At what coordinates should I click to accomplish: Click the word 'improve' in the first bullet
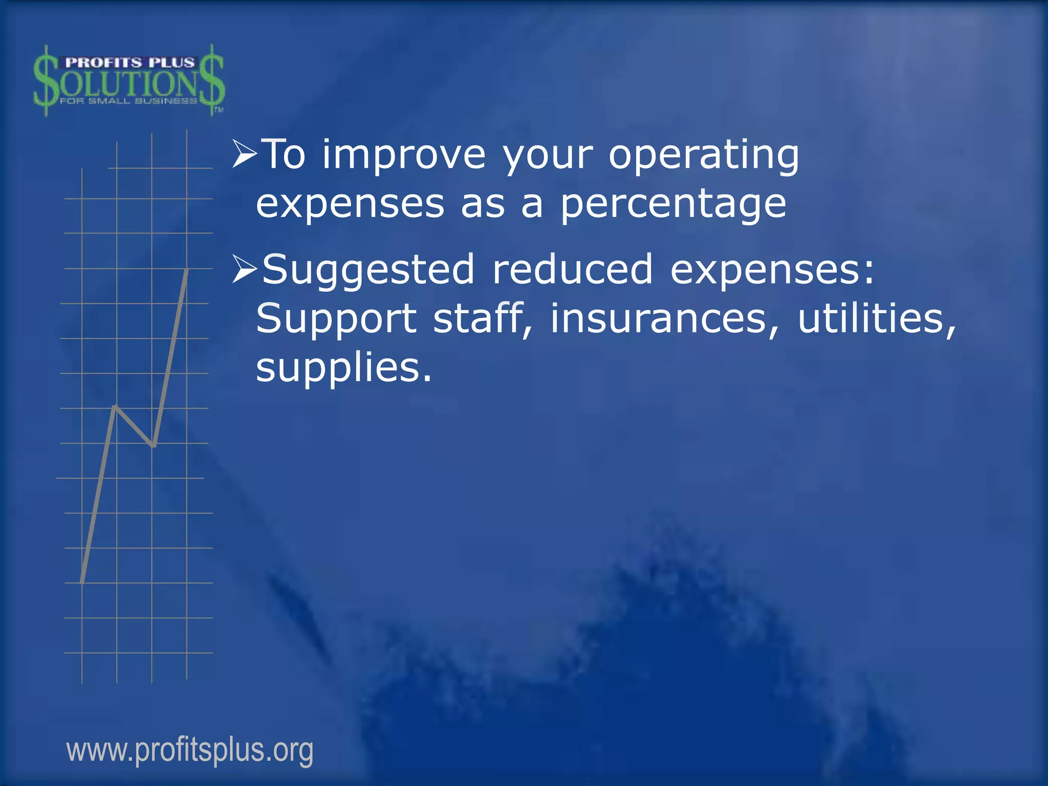pos(403,155)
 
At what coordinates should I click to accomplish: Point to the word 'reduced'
pos(572,269)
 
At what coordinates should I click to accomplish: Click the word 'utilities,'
pos(877,318)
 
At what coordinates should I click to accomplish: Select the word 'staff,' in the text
pos(483,318)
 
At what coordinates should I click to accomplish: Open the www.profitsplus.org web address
pos(190,750)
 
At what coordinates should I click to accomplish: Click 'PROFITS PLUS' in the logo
pos(129,63)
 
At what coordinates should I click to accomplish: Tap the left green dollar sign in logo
pos(46,81)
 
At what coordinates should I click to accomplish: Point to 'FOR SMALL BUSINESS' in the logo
pos(128,101)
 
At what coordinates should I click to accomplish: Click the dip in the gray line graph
pos(153,445)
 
